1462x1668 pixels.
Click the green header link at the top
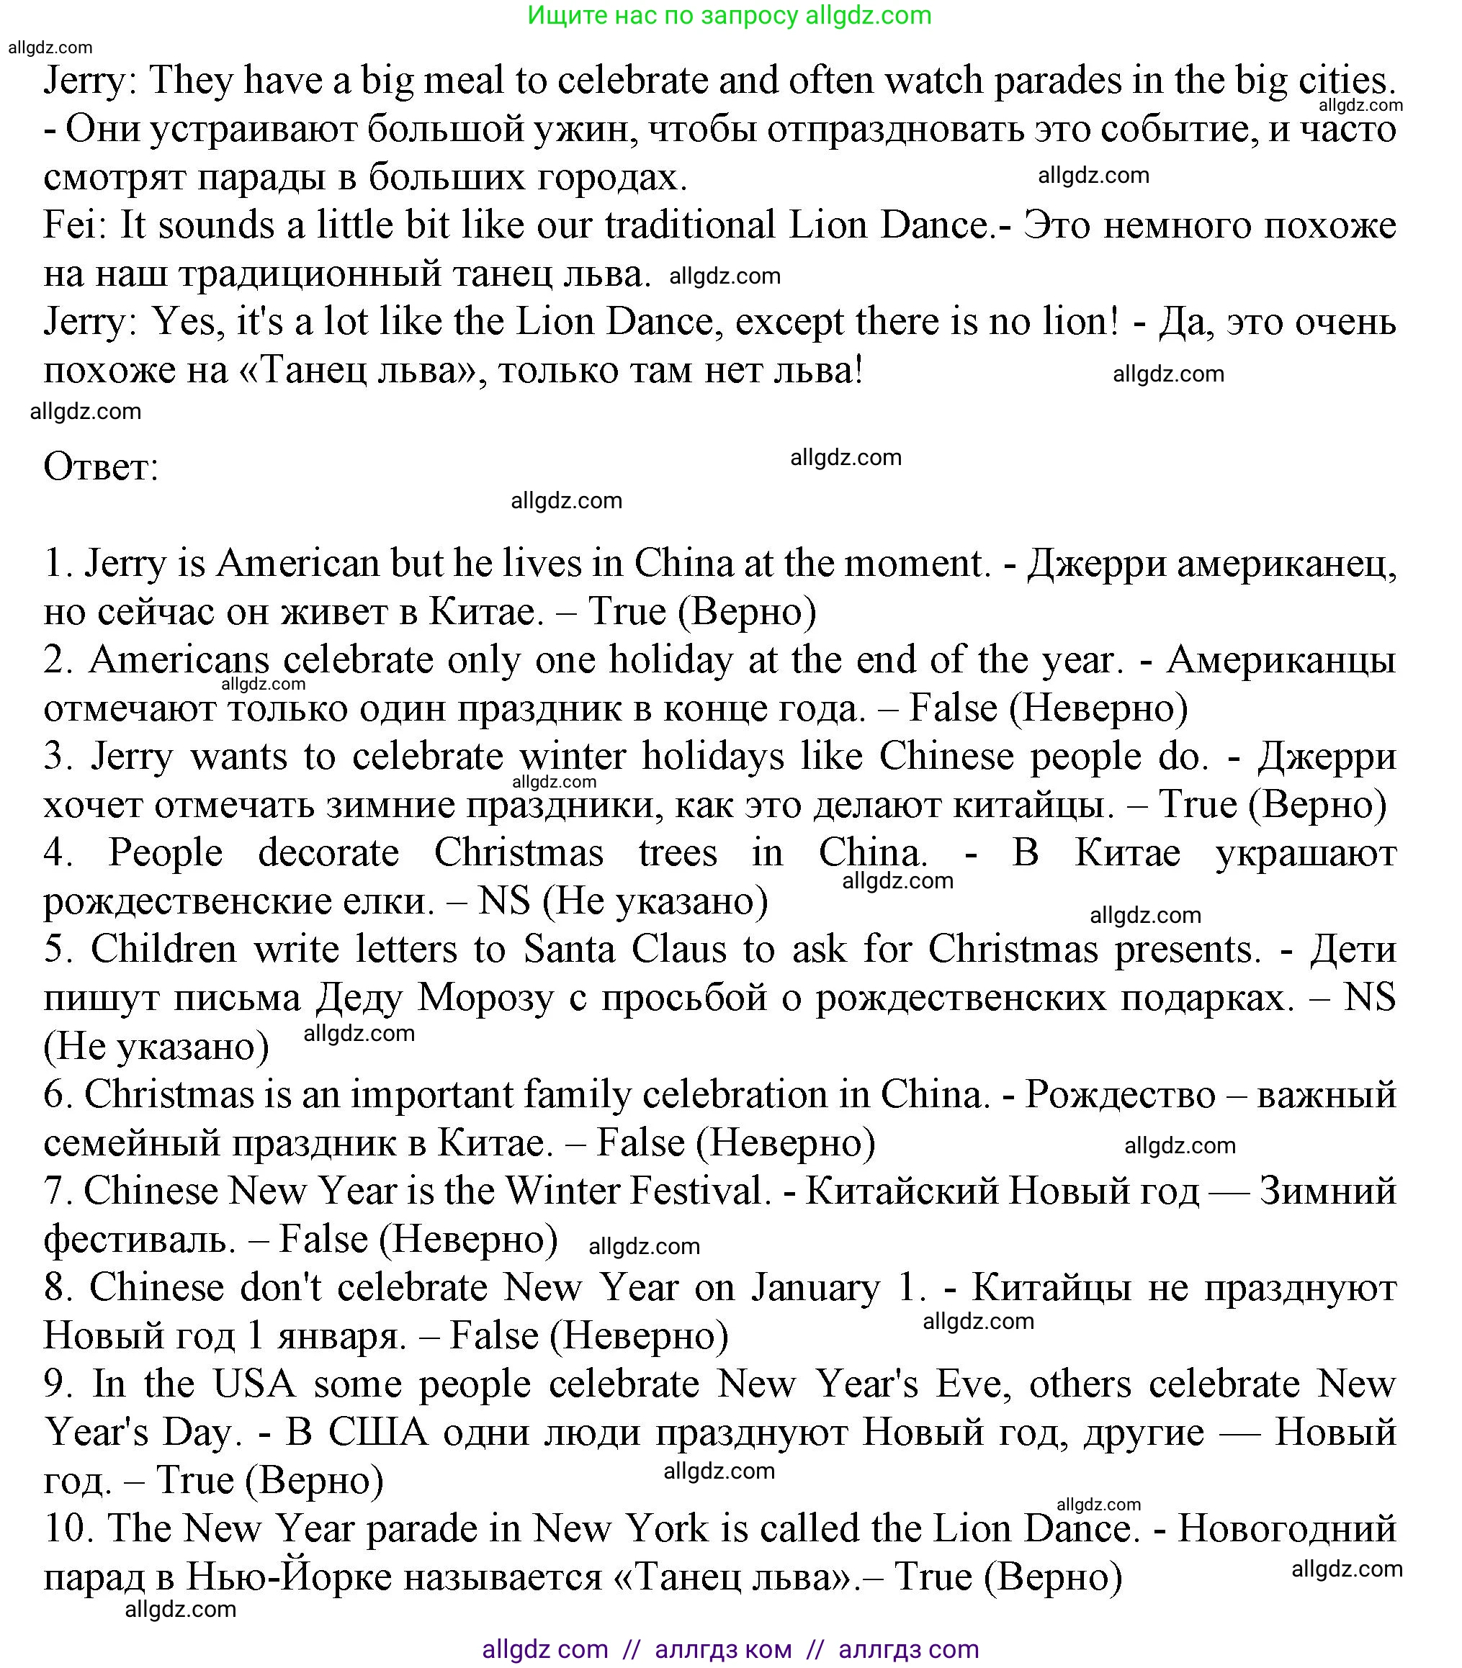(x=730, y=16)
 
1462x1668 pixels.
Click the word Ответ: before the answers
(x=101, y=468)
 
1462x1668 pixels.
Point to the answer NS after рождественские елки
(x=504, y=902)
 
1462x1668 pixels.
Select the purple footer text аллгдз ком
(x=723, y=1650)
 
